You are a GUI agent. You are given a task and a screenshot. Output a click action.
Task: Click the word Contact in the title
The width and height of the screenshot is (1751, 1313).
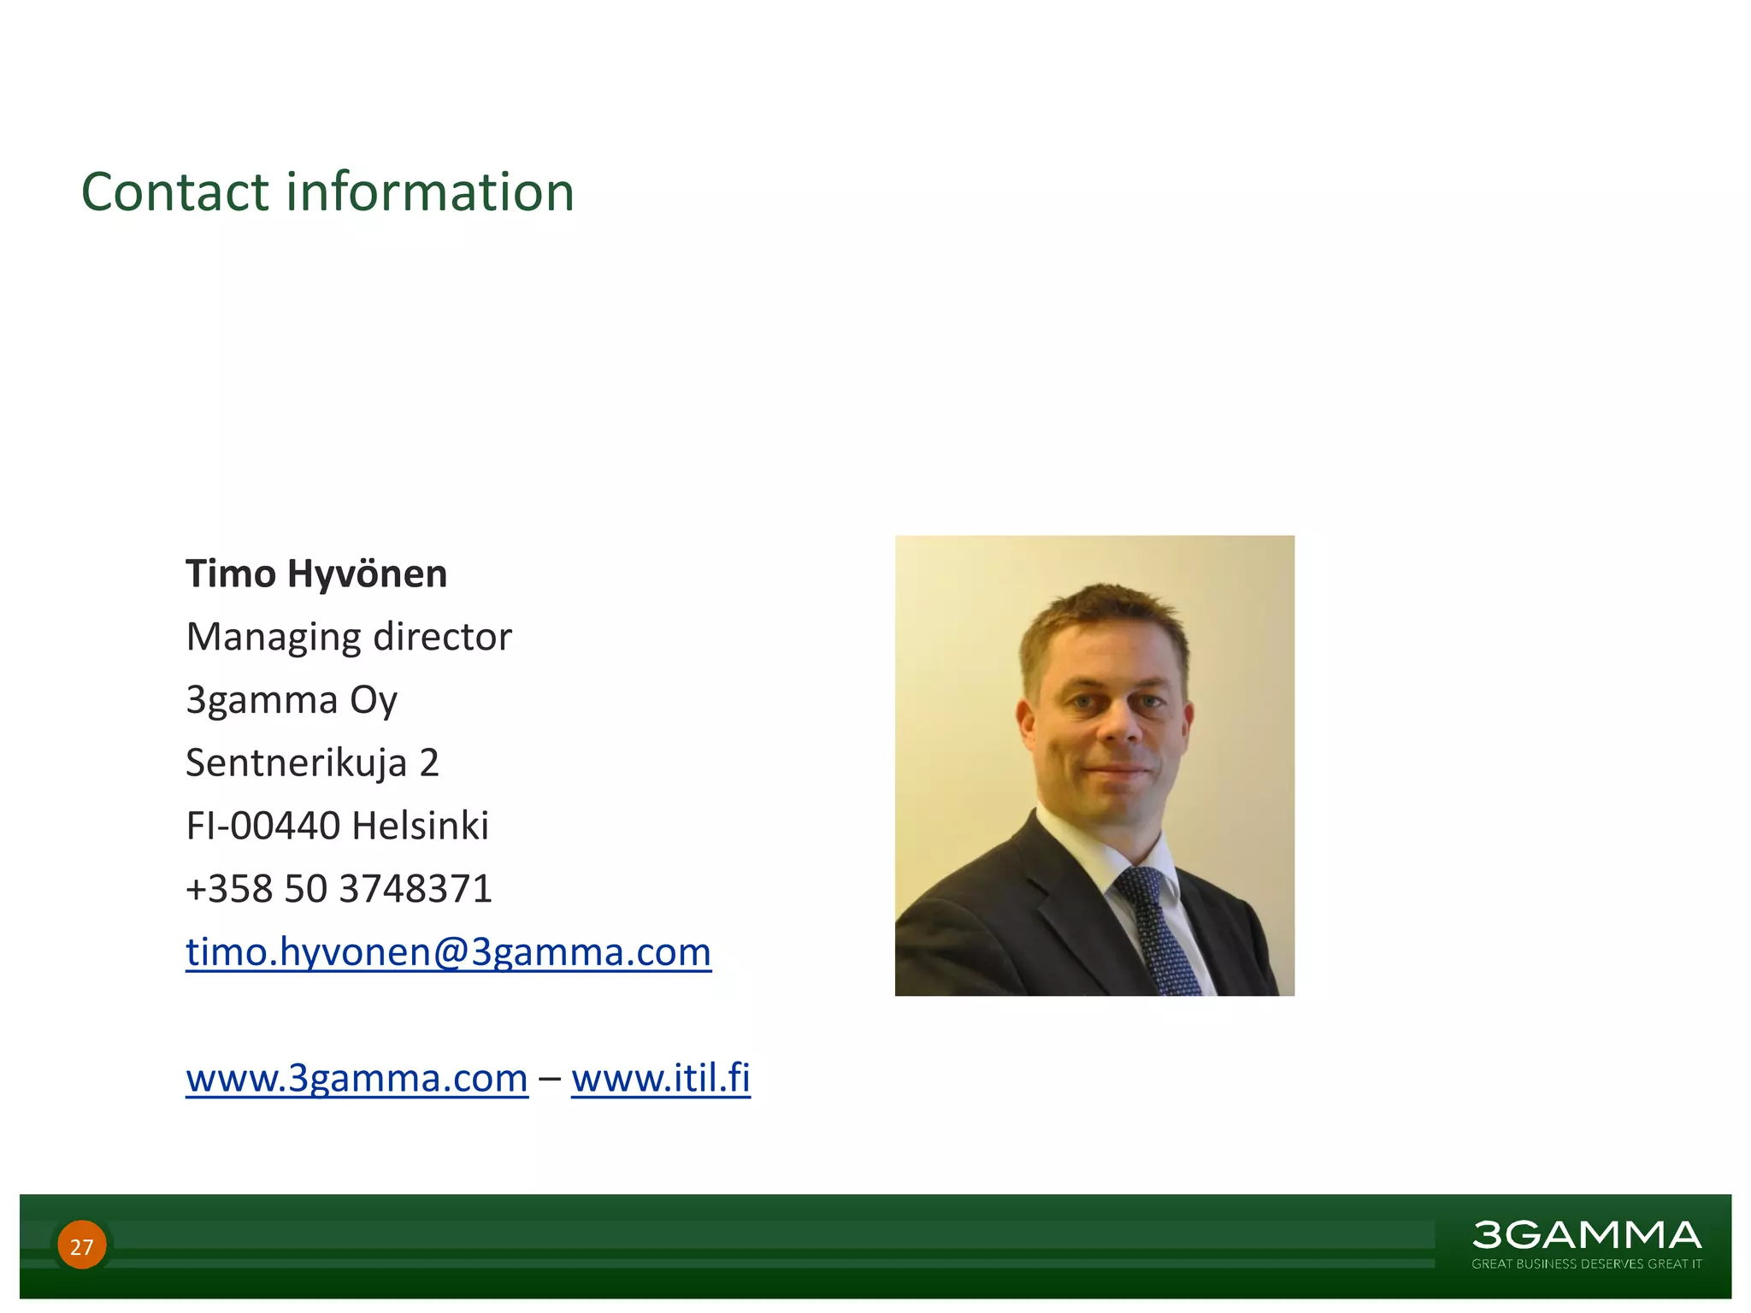pyautogui.click(x=175, y=191)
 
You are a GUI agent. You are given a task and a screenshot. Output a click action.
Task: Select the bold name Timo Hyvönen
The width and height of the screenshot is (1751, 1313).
pyautogui.click(x=316, y=574)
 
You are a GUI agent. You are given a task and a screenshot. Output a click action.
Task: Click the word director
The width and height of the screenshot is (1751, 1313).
pyautogui.click(x=442, y=637)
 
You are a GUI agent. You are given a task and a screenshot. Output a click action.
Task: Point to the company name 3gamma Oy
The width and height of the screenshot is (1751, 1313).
pyautogui.click(x=292, y=700)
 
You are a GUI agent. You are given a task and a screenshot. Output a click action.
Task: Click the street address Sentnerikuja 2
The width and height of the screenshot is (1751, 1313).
pyautogui.click(x=312, y=762)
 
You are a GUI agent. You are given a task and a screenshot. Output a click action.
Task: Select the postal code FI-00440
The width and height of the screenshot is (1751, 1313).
pyautogui.click(x=262, y=826)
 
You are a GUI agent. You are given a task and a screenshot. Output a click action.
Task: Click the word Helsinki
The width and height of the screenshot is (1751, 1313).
pyautogui.click(x=420, y=826)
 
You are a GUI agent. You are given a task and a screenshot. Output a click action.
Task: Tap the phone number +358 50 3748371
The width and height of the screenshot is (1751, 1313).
pyautogui.click(x=339, y=889)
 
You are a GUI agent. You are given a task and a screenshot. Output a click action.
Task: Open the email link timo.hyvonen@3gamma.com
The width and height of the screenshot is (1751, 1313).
pyautogui.click(x=448, y=952)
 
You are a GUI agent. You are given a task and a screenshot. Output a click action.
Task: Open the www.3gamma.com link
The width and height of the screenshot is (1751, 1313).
pyautogui.click(x=357, y=1078)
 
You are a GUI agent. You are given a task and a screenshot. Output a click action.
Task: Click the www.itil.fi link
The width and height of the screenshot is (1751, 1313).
pyautogui.click(x=660, y=1078)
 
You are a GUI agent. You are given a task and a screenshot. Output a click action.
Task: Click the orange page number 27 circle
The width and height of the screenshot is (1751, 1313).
pyautogui.click(x=82, y=1245)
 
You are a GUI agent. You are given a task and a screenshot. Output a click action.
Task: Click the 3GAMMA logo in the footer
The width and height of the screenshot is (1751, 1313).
pyautogui.click(x=1586, y=1235)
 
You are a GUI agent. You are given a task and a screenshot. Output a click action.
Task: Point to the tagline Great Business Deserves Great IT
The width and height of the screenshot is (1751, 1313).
pyautogui.click(x=1586, y=1264)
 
